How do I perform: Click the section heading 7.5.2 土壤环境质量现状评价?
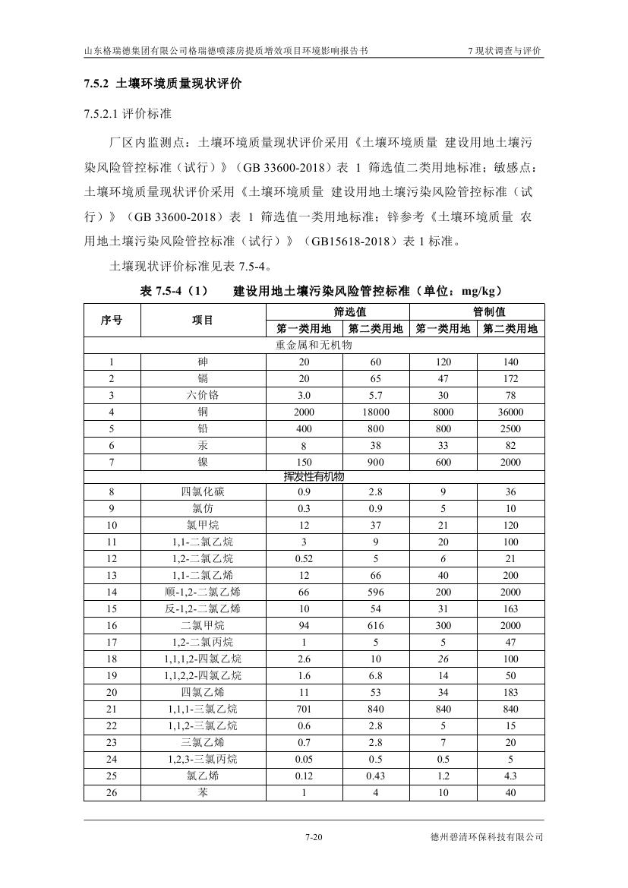[x=163, y=84]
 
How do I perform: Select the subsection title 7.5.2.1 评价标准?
[x=128, y=114]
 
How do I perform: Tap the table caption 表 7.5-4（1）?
[x=174, y=292]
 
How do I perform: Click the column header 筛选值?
[x=342, y=311]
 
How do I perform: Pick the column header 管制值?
[x=477, y=311]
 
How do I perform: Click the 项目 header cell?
[x=203, y=320]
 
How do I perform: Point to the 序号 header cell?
[x=112, y=320]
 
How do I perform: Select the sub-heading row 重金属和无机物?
[x=314, y=345]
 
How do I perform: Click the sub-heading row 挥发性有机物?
[x=314, y=476]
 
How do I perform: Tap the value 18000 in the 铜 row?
[x=376, y=412]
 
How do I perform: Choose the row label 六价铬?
[x=203, y=395]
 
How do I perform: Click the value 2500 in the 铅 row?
[x=510, y=428]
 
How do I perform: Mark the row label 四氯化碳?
[x=203, y=492]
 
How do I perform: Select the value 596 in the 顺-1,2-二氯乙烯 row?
[x=376, y=592]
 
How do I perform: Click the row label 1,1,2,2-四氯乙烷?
[x=203, y=675]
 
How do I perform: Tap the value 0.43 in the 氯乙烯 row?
[x=376, y=776]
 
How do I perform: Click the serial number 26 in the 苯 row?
[x=112, y=792]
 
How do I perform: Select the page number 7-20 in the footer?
[x=314, y=838]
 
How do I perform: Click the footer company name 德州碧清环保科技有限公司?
[x=486, y=838]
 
